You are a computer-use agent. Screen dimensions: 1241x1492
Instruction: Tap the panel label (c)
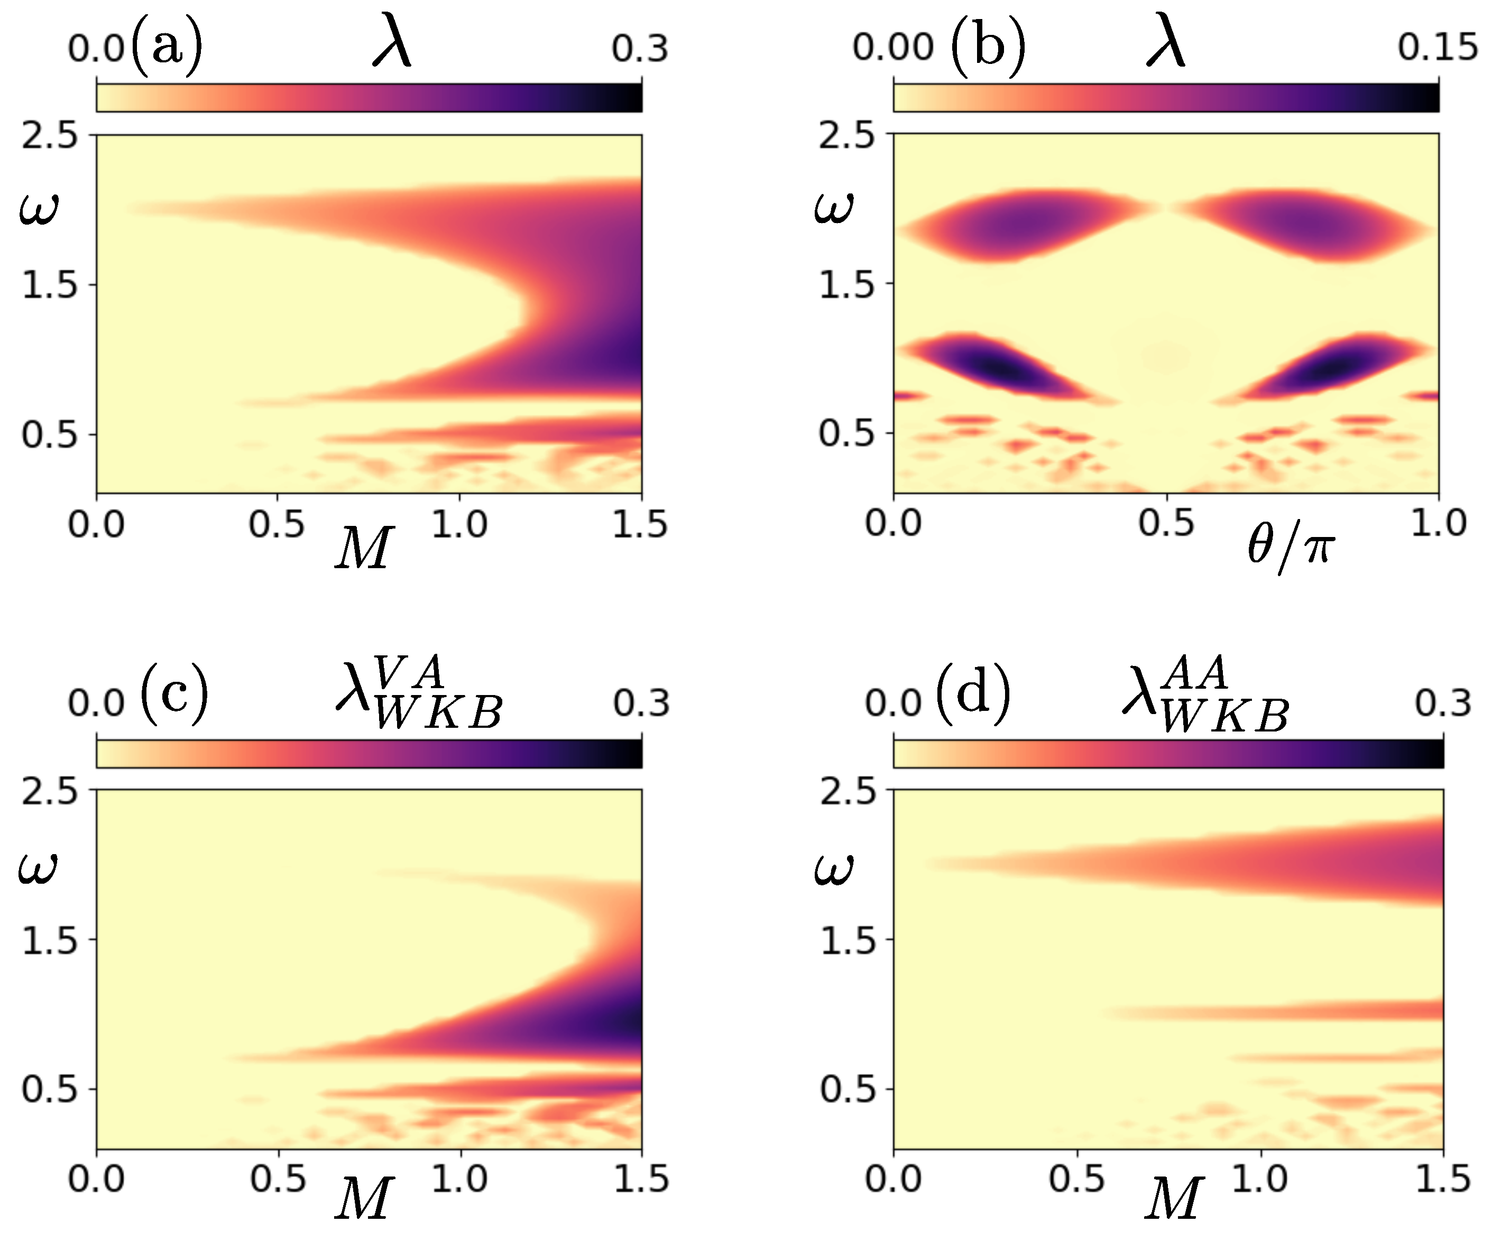coord(174,694)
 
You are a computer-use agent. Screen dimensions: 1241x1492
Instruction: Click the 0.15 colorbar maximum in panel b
coord(1436,48)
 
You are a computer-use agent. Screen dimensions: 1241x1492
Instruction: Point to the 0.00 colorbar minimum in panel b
coord(893,48)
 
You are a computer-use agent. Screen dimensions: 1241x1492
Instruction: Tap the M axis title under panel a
coord(364,549)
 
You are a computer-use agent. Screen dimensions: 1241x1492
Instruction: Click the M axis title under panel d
coord(1174,1198)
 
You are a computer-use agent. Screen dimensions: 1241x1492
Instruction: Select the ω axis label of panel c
coord(37,868)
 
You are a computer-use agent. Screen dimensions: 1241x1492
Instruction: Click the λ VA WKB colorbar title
coord(419,692)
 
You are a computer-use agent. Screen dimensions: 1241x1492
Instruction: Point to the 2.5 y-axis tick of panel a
coord(49,134)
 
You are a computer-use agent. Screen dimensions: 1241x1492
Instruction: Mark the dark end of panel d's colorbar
coord(1432,754)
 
